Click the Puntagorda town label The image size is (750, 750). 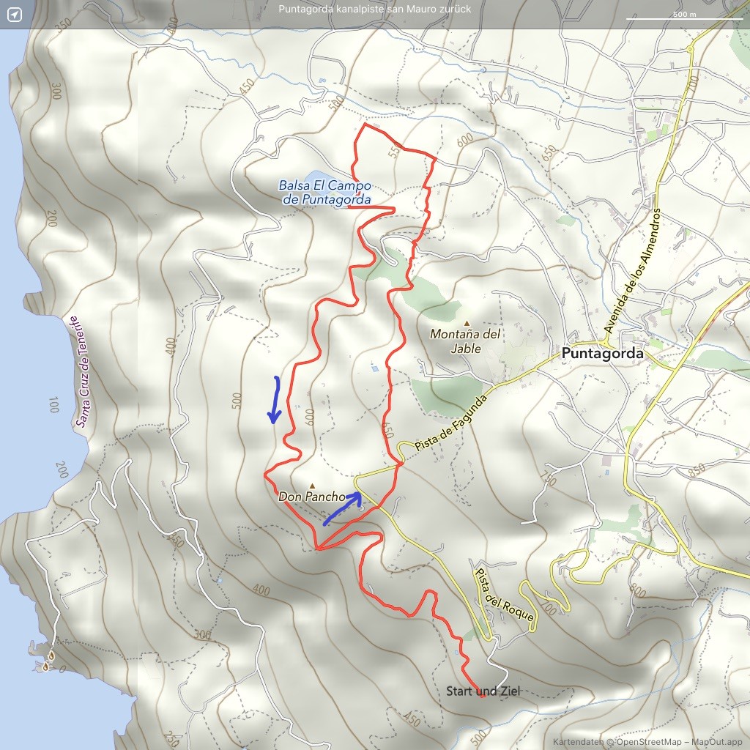point(602,354)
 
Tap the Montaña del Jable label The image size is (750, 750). point(466,341)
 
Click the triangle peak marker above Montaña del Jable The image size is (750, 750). point(467,323)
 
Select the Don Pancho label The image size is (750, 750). point(312,497)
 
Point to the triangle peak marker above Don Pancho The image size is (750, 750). point(313,484)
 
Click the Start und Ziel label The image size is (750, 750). point(483,691)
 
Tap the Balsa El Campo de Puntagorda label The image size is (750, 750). point(324,192)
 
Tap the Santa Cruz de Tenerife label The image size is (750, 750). point(83,371)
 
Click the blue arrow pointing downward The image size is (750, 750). point(275,400)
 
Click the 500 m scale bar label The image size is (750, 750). point(684,14)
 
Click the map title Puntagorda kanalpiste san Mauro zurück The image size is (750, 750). point(374,10)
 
